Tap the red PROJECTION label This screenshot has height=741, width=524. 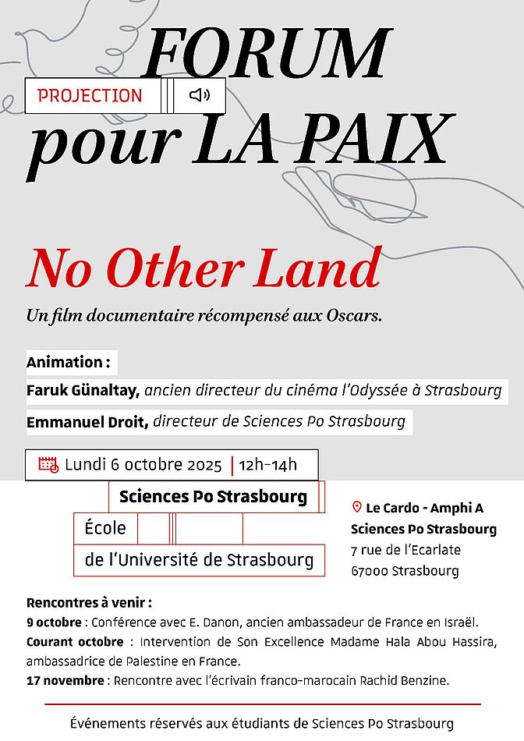click(90, 96)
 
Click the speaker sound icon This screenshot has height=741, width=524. click(200, 95)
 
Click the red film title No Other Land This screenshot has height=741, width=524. click(204, 268)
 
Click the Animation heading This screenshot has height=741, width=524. click(68, 362)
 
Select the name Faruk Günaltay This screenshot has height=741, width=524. click(83, 390)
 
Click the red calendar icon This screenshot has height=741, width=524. click(48, 465)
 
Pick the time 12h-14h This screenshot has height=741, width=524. click(268, 466)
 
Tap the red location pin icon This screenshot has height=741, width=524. click(356, 507)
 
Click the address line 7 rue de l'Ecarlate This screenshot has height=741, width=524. click(405, 550)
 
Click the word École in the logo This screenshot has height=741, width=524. click(104, 528)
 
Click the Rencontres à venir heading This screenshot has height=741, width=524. click(88, 603)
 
